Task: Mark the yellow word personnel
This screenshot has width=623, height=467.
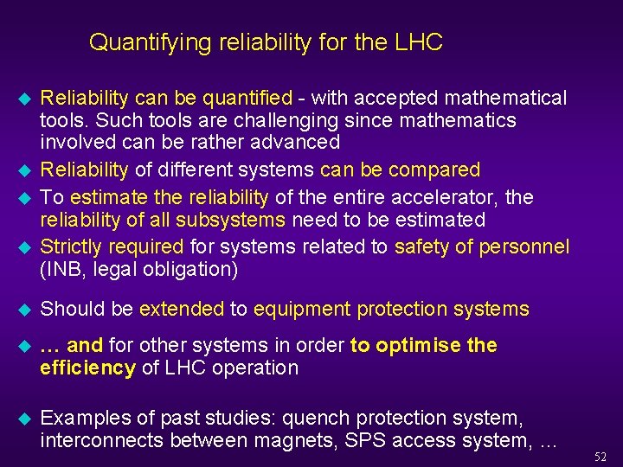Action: pos(526,246)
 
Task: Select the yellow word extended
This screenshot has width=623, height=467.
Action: pos(182,309)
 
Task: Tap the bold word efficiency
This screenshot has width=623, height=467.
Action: pos(88,368)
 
